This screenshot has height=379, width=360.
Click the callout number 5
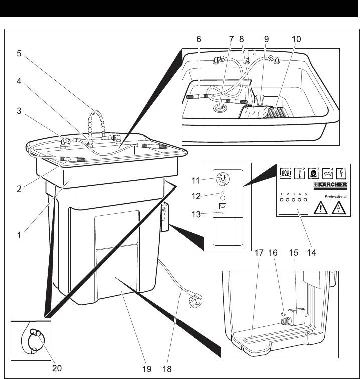click(x=19, y=54)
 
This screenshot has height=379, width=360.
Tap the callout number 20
click(x=57, y=368)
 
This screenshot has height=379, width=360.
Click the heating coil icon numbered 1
click(x=286, y=172)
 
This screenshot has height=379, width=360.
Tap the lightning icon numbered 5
click(x=342, y=172)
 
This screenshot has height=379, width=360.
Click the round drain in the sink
click(x=219, y=106)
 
